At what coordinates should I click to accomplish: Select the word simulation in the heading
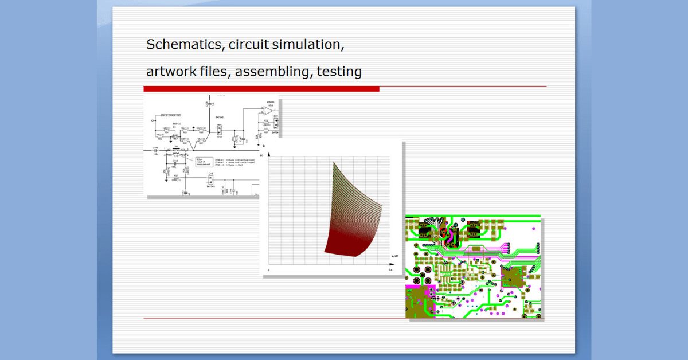point(310,45)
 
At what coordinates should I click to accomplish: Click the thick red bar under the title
point(261,89)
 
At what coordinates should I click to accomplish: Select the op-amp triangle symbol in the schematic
point(268,109)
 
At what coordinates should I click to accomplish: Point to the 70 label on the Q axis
point(262,156)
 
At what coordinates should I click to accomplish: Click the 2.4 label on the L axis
point(390,269)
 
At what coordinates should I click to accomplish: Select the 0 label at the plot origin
point(269,269)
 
